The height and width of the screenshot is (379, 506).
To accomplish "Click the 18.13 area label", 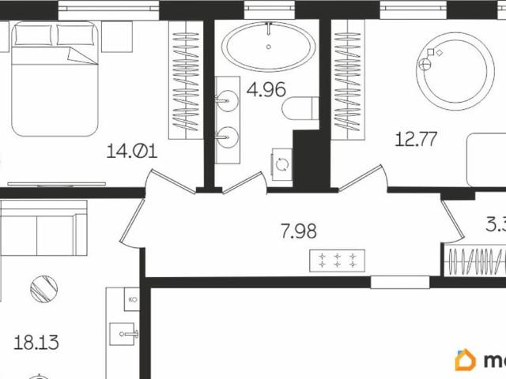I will tap(36, 343).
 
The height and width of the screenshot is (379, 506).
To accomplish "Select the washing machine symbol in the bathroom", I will tap(282, 164).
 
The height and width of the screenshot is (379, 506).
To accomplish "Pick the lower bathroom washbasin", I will tap(228, 135).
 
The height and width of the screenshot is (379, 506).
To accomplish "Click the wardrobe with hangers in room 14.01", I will tap(187, 79).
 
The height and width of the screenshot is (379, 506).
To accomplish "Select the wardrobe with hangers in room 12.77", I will tap(346, 79).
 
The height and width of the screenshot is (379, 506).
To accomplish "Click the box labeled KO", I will tap(133, 300).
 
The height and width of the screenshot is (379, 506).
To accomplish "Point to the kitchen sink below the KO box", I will tap(128, 334).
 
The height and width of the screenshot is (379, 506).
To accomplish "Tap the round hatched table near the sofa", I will tap(44, 287).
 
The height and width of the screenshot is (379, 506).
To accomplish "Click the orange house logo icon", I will tap(465, 360).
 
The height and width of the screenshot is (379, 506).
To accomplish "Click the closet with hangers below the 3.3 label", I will tap(474, 261).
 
